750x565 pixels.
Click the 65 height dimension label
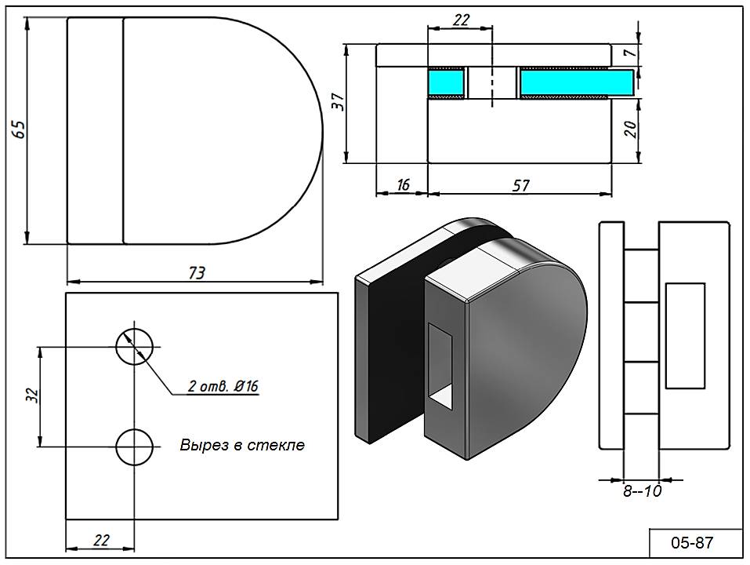tap(18, 129)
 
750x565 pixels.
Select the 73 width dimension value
tap(196, 272)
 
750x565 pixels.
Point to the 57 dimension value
tap(520, 185)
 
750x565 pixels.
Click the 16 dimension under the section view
tap(403, 185)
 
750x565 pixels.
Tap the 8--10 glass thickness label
tap(642, 492)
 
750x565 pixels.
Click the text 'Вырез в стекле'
tap(241, 445)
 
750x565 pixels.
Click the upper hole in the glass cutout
tap(134, 346)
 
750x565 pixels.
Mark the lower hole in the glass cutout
tap(134, 447)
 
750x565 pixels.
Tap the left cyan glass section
tap(447, 82)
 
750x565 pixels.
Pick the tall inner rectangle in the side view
tap(684, 335)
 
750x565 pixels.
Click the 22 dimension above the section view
tap(461, 21)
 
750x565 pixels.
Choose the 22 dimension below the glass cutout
tap(100, 539)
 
